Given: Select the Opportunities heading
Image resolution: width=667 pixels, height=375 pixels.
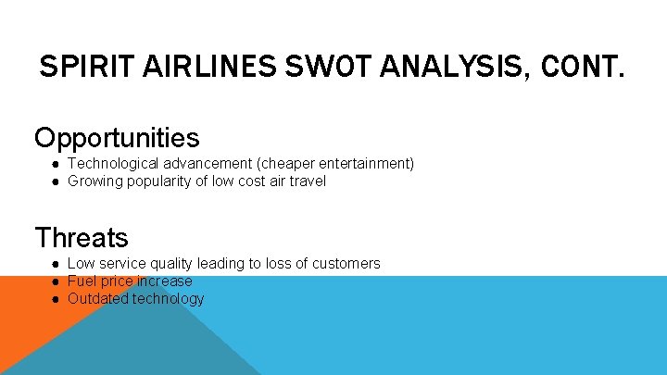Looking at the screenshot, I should (117, 138).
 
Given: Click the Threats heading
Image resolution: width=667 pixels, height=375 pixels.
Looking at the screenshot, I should (82, 238).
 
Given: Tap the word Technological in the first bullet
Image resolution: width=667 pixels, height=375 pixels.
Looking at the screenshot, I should (110, 164).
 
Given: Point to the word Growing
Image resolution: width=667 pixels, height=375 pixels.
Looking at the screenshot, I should (94, 181).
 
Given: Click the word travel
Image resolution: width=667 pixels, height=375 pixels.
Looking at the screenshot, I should (308, 181).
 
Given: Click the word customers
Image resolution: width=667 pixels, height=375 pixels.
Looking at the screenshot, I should (347, 264).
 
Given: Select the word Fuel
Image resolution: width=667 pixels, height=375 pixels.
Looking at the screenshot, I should (82, 281).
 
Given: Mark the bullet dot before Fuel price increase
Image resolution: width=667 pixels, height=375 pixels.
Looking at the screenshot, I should (56, 281).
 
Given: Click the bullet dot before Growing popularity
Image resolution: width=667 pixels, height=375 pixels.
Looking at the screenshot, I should (56, 181).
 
